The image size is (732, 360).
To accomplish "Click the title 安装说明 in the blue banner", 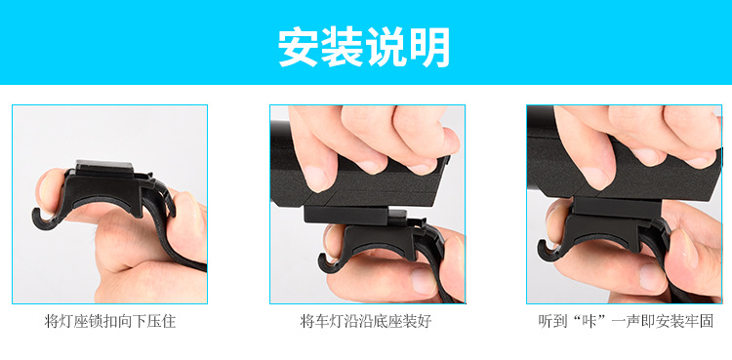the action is [x=364, y=47].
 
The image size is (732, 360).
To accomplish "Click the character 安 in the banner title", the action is [x=300, y=47].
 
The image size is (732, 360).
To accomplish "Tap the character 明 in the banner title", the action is [x=429, y=47].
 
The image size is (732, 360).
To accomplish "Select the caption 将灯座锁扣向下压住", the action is [x=110, y=322].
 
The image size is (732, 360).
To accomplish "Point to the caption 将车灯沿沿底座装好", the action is [x=366, y=322].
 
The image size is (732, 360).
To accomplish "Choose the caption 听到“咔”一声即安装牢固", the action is [x=626, y=322].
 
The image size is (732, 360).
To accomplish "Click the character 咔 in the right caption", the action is [x=591, y=322].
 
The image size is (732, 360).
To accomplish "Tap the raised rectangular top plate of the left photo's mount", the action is [x=104, y=167].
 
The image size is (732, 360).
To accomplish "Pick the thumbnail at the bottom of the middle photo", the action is [x=423, y=280].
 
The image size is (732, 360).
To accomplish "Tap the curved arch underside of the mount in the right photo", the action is [x=602, y=239].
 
